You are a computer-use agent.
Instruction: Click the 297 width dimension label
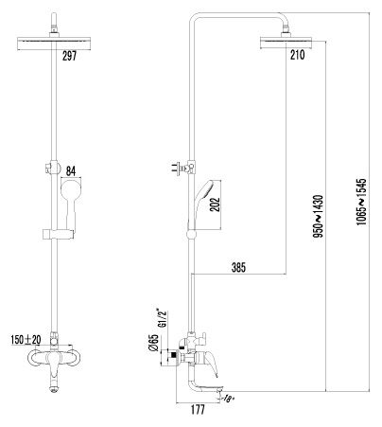tap(69, 56)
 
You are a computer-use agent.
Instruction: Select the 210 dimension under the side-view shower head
tap(298, 55)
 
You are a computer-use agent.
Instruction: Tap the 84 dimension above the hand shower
tap(71, 171)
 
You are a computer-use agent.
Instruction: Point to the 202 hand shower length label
tap(215, 205)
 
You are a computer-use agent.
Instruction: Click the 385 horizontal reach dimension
tap(238, 268)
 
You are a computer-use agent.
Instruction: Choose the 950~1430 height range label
tap(319, 216)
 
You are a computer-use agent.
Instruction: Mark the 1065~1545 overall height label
tap(362, 202)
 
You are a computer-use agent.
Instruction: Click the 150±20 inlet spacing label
tap(26, 340)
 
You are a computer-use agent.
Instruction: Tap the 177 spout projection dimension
tap(198, 410)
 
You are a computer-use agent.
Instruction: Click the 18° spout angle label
tap(228, 399)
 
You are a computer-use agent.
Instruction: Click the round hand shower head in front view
tap(71, 189)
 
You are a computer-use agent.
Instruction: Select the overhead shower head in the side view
tap(286, 43)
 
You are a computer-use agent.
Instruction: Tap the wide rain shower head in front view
tap(54, 44)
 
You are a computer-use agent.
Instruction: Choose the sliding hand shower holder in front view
tap(59, 234)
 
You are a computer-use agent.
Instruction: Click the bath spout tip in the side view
tap(217, 392)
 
